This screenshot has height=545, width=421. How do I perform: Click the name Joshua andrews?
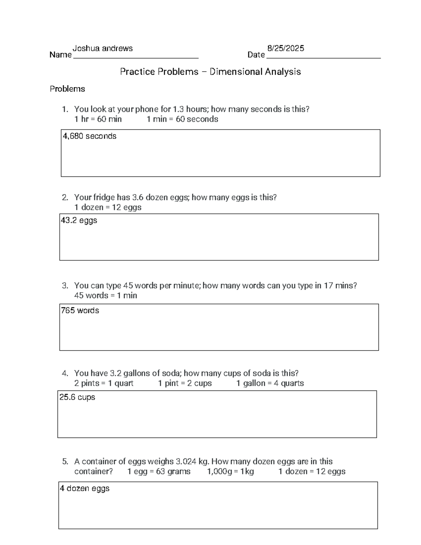(102, 48)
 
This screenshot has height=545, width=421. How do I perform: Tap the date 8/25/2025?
(286, 48)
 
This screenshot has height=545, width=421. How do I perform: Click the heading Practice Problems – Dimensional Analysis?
(210, 72)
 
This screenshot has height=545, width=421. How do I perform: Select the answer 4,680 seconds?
(89, 136)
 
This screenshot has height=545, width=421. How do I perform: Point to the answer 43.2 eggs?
(79, 220)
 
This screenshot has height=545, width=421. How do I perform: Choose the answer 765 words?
(80, 311)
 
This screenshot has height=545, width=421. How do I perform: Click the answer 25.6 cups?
(77, 397)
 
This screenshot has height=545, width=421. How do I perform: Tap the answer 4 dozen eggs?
(85, 488)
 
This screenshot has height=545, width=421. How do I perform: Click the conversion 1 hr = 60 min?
(98, 119)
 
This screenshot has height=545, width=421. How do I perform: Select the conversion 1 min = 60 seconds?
(182, 119)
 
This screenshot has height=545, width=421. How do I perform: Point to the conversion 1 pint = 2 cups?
(185, 383)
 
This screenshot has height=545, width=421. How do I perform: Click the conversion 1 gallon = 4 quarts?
(270, 383)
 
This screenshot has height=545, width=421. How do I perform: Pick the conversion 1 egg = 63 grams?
(159, 471)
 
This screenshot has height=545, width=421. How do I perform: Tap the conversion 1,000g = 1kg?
(230, 471)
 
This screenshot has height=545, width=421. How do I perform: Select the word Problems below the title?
(67, 89)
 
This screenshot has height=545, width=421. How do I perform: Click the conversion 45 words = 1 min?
(106, 295)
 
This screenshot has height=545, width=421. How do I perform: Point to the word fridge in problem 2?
(106, 198)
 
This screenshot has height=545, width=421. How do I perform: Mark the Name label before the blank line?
(60, 55)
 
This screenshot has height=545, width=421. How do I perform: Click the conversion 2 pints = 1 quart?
(104, 383)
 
